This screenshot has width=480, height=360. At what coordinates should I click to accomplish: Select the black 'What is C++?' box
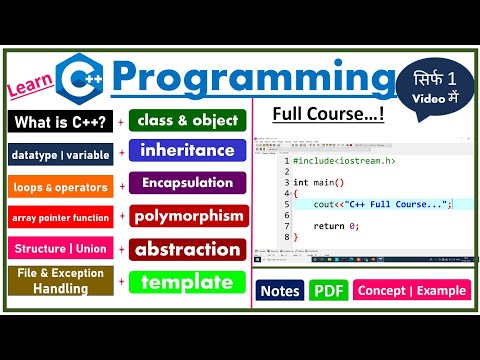(59, 121)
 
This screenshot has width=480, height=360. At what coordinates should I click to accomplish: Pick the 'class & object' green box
(187, 121)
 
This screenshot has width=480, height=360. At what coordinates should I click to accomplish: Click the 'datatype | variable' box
(59, 154)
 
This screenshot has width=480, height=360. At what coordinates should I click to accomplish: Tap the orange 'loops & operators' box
(59, 186)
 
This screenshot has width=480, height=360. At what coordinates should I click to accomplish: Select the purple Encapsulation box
(187, 184)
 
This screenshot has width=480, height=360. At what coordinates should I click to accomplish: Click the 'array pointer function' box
(59, 217)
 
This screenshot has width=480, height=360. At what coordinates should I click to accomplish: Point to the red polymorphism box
(187, 216)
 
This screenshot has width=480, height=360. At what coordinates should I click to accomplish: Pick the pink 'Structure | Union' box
(59, 248)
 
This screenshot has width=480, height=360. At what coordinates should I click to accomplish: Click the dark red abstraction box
(187, 249)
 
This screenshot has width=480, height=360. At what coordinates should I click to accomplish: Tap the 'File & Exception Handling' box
(59, 281)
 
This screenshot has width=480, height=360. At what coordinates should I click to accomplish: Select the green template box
(187, 282)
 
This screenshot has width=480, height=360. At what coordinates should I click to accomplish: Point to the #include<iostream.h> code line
(339, 160)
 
